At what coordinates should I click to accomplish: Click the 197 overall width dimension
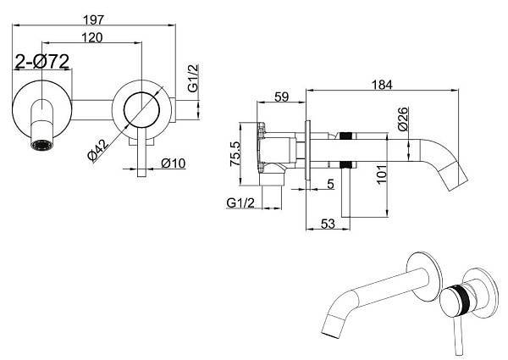[94, 19]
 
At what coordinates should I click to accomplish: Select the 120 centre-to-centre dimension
[92, 37]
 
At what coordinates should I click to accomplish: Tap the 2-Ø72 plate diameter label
[42, 61]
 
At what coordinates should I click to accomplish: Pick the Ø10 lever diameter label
[174, 163]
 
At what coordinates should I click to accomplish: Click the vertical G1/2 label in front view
[193, 79]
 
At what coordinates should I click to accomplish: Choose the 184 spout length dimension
[382, 85]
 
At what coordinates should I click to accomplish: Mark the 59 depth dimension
[281, 97]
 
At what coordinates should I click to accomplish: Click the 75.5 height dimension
[235, 153]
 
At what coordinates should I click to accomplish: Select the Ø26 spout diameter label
[403, 119]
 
